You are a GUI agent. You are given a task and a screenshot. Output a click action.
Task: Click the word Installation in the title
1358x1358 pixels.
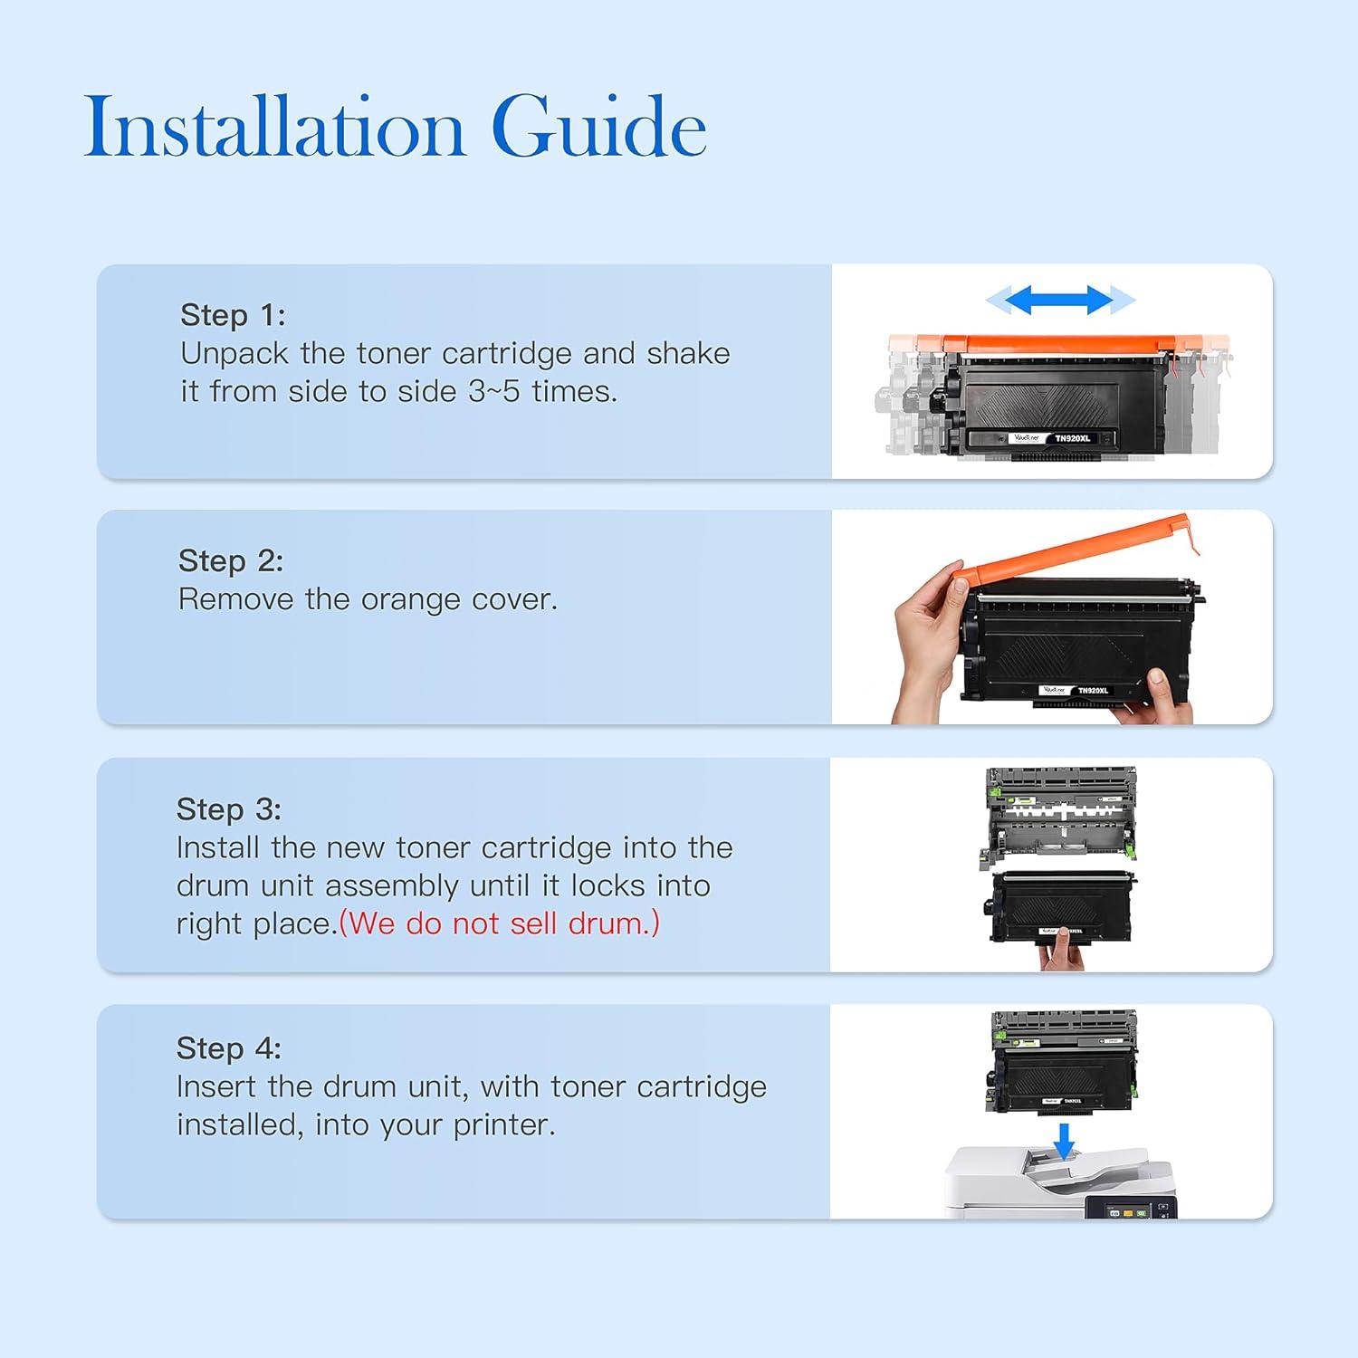point(275,127)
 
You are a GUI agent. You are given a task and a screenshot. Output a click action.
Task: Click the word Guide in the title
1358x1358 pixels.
point(598,127)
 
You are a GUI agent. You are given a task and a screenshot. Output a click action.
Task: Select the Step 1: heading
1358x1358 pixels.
point(233,315)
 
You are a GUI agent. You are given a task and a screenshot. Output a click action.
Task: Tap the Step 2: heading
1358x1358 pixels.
point(231,560)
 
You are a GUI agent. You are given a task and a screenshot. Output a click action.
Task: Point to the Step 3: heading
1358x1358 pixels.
point(229,809)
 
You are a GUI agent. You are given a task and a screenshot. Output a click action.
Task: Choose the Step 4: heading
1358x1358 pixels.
point(229,1048)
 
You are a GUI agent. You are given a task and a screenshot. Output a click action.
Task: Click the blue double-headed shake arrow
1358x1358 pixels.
point(1060,300)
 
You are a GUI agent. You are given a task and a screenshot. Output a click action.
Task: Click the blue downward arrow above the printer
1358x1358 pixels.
point(1065,1141)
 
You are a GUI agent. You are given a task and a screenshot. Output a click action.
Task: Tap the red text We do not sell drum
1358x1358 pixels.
point(500,923)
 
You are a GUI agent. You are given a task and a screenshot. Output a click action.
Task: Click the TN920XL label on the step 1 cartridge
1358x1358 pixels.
point(1073,438)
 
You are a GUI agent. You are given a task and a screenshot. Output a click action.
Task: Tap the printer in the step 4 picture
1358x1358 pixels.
point(1060,1182)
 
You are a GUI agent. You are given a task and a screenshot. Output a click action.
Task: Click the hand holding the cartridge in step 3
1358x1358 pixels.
point(1061,953)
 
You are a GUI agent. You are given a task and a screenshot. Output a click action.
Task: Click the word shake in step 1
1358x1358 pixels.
point(688,353)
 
